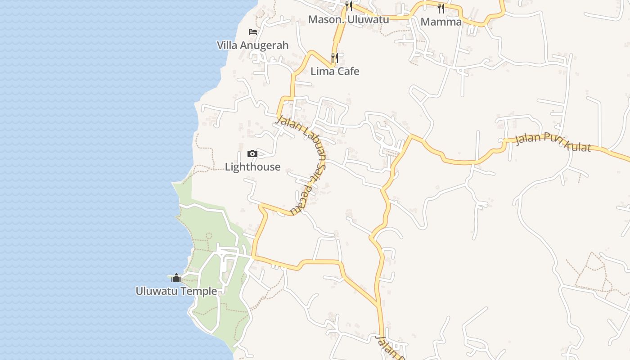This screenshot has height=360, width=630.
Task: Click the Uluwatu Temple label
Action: click(x=176, y=291)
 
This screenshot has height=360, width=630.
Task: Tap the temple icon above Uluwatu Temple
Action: click(x=176, y=278)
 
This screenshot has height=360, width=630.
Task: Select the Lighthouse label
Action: click(x=252, y=167)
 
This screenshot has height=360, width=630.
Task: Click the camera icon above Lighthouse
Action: click(x=252, y=154)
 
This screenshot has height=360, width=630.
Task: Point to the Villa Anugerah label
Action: click(x=252, y=45)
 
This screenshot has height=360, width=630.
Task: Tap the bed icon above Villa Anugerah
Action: click(x=253, y=32)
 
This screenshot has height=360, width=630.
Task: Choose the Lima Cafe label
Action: click(x=335, y=71)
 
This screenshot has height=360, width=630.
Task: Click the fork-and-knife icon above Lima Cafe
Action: click(x=335, y=58)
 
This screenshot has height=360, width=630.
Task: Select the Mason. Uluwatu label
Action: click(x=348, y=19)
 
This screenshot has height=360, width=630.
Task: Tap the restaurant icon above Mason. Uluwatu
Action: click(x=349, y=6)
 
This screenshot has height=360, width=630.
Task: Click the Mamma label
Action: click(x=441, y=22)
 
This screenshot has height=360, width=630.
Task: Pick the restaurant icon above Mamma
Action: click(x=441, y=8)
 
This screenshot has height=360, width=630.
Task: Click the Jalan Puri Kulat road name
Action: click(x=553, y=141)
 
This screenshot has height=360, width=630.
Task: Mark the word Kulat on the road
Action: click(x=575, y=144)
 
